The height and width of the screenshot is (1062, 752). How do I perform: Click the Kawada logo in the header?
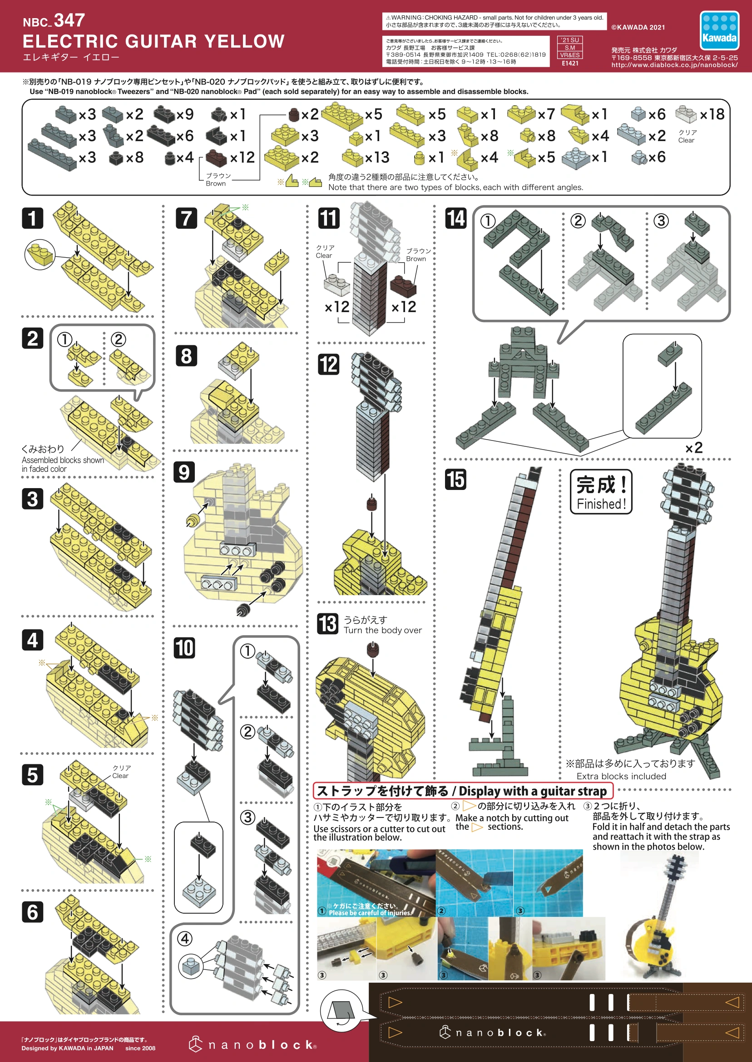tap(719, 30)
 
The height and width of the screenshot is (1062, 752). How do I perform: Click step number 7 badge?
tap(186, 218)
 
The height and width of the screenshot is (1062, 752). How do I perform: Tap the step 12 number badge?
tap(328, 364)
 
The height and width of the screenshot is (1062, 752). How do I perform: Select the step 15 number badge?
tap(455, 479)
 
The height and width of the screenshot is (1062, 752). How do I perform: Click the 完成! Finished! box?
tap(601, 492)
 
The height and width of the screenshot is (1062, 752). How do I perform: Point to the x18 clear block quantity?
tap(712, 114)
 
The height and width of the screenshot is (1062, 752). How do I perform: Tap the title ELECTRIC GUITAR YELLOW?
tap(153, 42)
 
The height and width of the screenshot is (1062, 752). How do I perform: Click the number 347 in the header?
tap(69, 20)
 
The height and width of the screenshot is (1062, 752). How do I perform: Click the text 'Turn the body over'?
tap(382, 630)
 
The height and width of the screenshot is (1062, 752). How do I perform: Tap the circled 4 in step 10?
tap(185, 939)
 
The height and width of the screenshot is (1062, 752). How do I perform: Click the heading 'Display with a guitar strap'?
tap(533, 791)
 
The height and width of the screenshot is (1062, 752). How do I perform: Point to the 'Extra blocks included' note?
tap(621, 776)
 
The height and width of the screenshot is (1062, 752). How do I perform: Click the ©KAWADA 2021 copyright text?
tap(638, 27)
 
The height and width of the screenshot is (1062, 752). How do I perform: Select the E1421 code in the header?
tap(570, 64)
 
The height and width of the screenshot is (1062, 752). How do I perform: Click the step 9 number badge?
tap(184, 472)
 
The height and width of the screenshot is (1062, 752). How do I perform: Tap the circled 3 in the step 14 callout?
tap(661, 221)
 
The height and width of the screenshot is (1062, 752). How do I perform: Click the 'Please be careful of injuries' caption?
tap(370, 913)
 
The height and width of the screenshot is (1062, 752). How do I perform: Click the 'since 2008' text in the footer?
tap(140, 1048)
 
